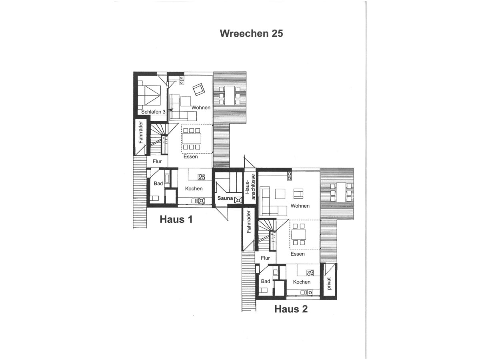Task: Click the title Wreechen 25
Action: point(251,34)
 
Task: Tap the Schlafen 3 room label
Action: point(153,112)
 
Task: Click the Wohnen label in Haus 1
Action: point(201,108)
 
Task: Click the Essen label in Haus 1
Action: point(190,157)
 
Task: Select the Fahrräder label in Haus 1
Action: point(141,132)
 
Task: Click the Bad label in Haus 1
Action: point(158,183)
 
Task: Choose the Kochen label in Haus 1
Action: point(194,188)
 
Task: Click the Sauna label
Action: point(225,198)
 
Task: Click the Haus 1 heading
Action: point(176,219)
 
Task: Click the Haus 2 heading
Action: point(291,309)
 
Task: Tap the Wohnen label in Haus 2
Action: point(300,206)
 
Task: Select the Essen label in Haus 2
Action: point(298,254)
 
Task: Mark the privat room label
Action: point(329,282)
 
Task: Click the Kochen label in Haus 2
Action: point(302,282)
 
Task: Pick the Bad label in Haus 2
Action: point(266,281)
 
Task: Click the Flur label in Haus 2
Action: point(265,258)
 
